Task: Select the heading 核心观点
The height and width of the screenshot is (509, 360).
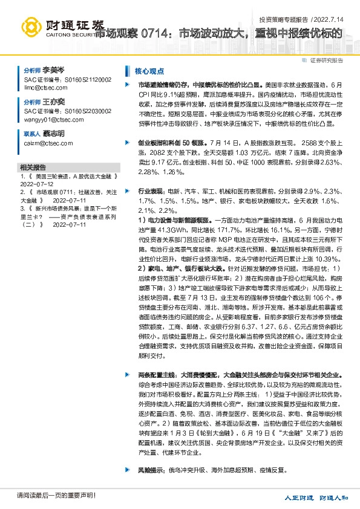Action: point(148,70)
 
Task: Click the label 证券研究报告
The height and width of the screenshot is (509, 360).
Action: point(326,60)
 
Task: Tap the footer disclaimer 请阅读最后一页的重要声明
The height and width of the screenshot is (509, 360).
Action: point(48,496)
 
